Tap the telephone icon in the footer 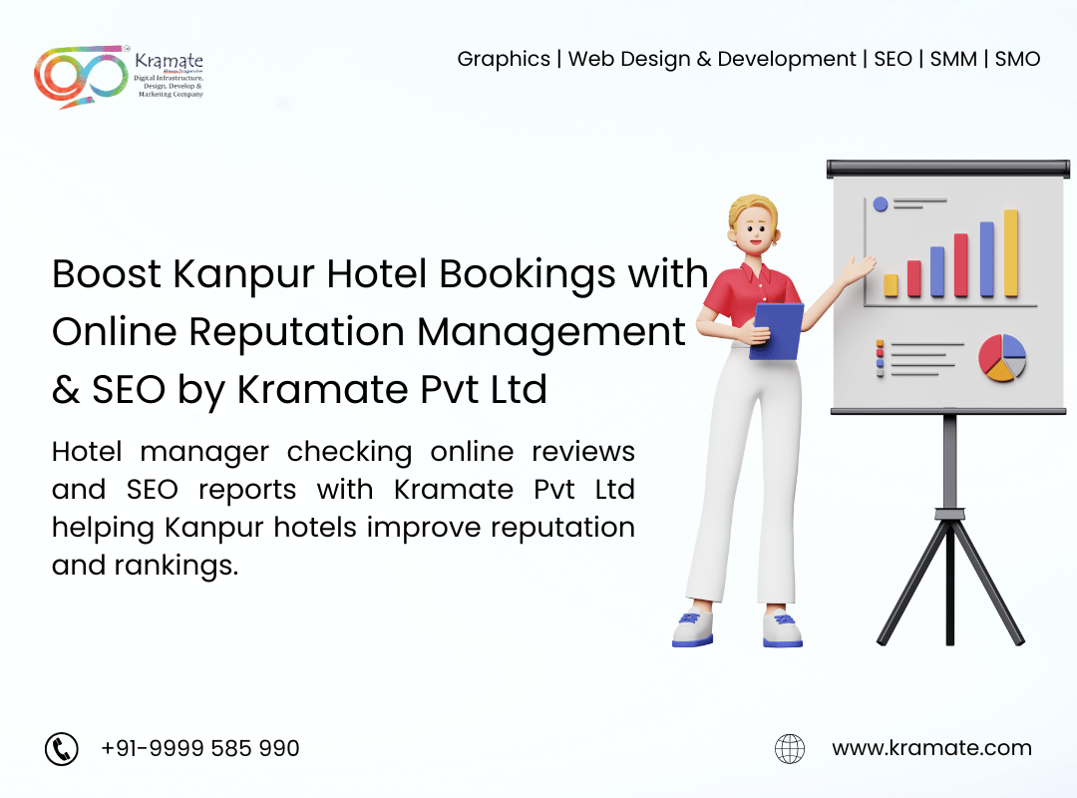[x=62, y=748]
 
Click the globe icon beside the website [x=790, y=748]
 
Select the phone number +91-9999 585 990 [x=199, y=748]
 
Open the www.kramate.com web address [x=931, y=748]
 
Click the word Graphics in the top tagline [x=504, y=60]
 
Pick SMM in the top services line [x=953, y=59]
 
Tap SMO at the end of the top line [x=1017, y=59]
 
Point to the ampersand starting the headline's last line [x=65, y=390]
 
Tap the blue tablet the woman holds [x=777, y=331]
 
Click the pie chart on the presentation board [x=1002, y=357]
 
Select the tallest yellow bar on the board [x=1011, y=253]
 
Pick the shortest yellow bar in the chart [x=891, y=285]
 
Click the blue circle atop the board [x=881, y=204]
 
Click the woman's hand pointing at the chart [x=860, y=268]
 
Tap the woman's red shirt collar [x=759, y=273]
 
